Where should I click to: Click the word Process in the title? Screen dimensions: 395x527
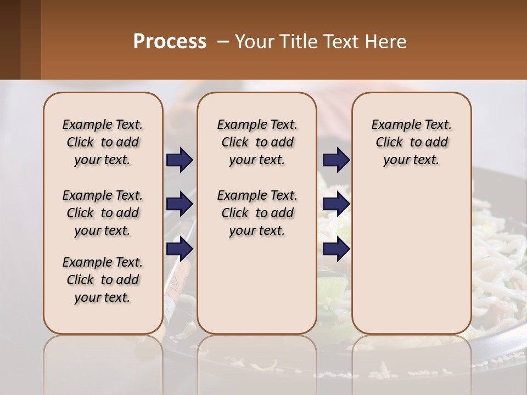tap(170, 42)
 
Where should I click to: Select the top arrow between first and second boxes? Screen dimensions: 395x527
tap(180, 160)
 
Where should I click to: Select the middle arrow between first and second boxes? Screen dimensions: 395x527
tap(180, 205)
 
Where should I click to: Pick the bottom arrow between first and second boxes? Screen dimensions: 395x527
tap(180, 250)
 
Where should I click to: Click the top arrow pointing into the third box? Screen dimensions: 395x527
tap(336, 160)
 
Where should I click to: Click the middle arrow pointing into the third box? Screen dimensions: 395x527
tap(336, 205)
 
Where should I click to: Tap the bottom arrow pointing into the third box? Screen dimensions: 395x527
tap(336, 250)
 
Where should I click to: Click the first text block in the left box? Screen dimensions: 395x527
tap(103, 142)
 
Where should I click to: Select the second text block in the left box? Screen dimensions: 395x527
tap(103, 213)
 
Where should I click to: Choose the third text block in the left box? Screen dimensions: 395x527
tap(103, 280)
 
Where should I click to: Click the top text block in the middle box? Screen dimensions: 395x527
tap(257, 142)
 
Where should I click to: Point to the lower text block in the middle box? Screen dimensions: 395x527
tap(257, 213)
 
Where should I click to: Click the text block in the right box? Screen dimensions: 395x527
tap(412, 142)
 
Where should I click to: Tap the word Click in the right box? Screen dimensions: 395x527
tap(389, 142)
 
